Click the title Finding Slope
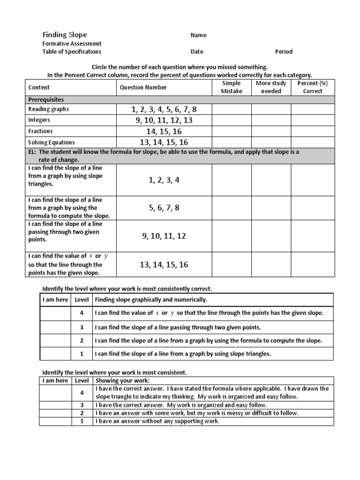[65, 35]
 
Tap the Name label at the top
[198, 35]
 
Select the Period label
[284, 52]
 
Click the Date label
[197, 52]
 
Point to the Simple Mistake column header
[231, 87]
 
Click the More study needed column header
[271, 87]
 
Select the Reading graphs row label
[48, 109]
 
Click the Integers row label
[39, 120]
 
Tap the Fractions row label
[40, 131]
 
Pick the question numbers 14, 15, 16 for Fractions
[164, 132]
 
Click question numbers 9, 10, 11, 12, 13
[164, 120]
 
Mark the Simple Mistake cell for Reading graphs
[231, 109]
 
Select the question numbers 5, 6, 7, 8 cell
[164, 208]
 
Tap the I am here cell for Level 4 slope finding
[55, 313]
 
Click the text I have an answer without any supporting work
[157, 421]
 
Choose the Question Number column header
[143, 87]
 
